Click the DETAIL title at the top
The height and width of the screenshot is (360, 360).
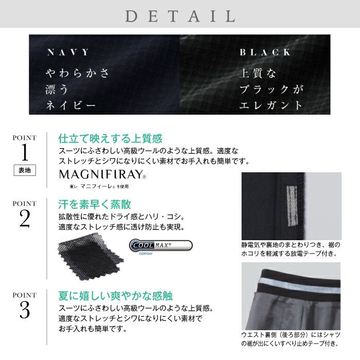click(180, 16)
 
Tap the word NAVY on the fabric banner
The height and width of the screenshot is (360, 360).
click(68, 52)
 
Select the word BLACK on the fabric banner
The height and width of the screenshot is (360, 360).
click(265, 52)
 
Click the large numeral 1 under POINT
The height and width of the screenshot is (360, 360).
click(25, 152)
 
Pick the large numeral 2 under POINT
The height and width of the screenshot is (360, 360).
click(25, 218)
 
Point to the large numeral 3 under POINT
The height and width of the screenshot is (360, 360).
click(25, 310)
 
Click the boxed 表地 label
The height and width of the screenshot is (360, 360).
click(25, 170)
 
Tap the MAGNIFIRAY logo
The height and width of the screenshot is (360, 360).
click(102, 174)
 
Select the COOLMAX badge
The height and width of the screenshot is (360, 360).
click(160, 245)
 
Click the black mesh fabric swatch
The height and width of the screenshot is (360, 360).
click(91, 256)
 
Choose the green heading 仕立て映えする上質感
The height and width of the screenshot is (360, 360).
click(111, 139)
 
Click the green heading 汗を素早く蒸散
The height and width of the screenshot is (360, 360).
click(95, 204)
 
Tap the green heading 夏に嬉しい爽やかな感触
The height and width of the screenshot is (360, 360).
click(116, 296)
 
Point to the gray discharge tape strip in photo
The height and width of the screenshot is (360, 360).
click(292, 206)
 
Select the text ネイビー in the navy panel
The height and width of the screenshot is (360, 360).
click(70, 105)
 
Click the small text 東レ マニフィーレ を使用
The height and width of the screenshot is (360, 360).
click(99, 186)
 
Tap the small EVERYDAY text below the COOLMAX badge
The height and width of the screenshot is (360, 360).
click(146, 254)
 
